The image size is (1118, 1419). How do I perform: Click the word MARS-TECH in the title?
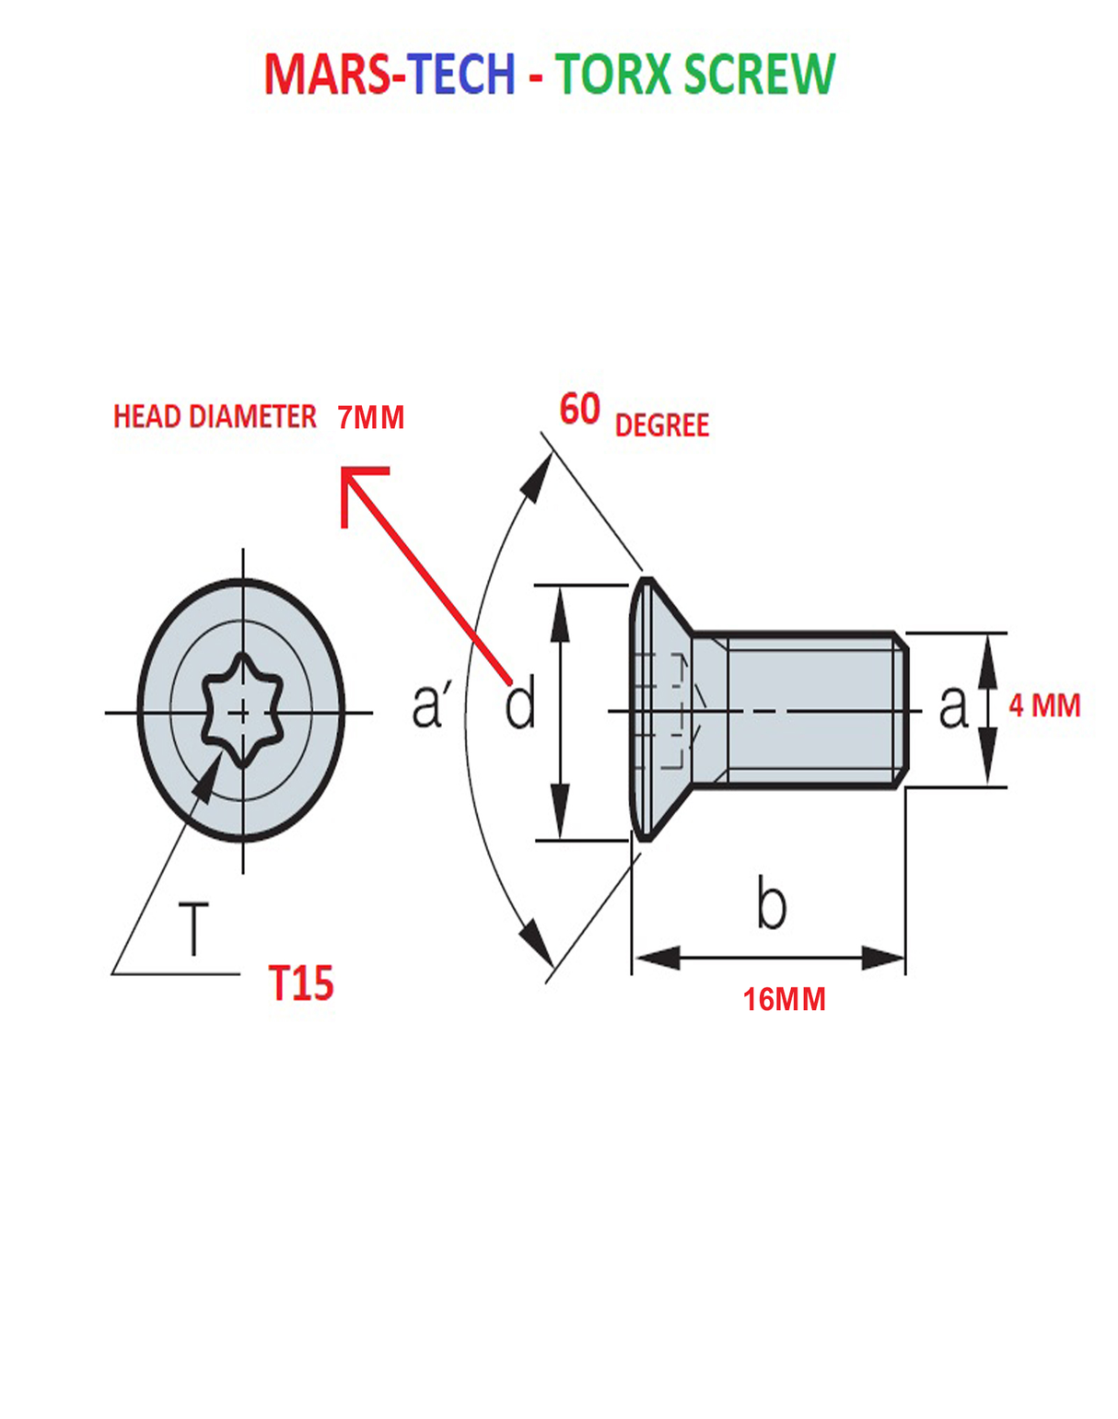(389, 76)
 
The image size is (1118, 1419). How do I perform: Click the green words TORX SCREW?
(695, 76)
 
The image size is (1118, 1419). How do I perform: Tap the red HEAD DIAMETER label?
(215, 417)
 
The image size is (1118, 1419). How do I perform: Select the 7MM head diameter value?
(370, 418)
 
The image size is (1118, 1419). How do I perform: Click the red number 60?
(580, 410)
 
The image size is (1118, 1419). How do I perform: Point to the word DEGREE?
(661, 425)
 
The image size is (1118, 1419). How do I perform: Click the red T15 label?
(300, 983)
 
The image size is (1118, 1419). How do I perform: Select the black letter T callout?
(193, 928)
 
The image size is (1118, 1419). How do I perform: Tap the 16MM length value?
(784, 1000)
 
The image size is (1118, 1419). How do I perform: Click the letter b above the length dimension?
(771, 903)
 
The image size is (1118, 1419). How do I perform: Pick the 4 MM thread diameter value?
(1044, 706)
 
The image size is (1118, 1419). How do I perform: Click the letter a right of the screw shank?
(953, 707)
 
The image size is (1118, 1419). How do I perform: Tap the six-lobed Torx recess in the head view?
(242, 710)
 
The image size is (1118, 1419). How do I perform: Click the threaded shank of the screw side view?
(810, 709)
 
